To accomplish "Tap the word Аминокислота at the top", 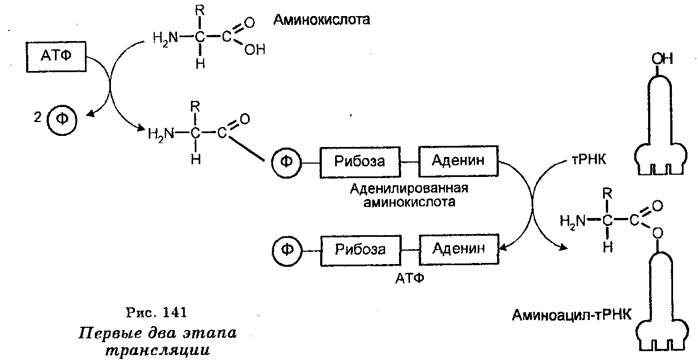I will coord(321,21).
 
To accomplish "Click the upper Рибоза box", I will coord(360,161).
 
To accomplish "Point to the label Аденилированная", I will coord(409,187).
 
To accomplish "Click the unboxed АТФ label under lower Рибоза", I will coord(410,277).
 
